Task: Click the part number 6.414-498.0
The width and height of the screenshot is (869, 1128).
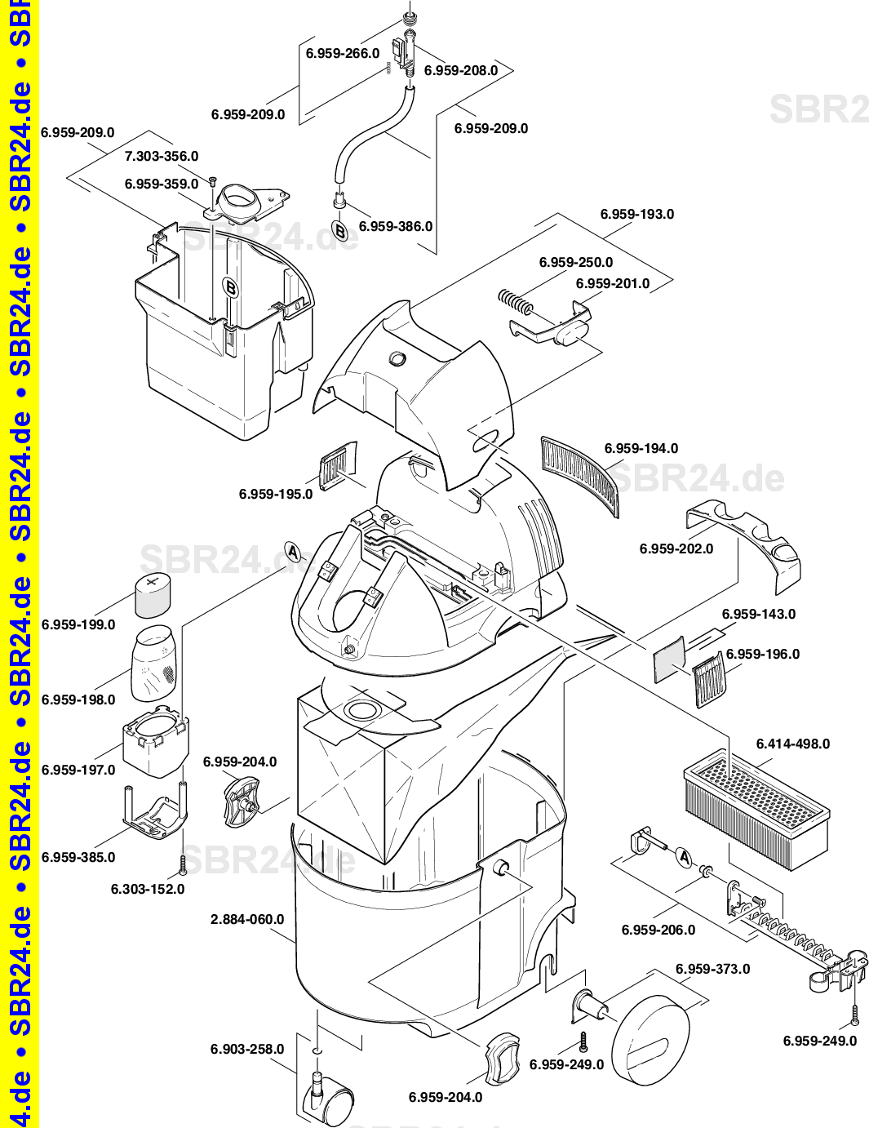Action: tap(793, 744)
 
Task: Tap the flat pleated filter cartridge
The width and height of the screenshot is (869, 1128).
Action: tap(757, 809)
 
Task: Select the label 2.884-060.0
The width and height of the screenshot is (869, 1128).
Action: tap(247, 919)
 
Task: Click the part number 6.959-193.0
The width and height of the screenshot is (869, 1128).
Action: tap(637, 214)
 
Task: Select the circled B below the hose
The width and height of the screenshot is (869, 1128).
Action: tap(339, 230)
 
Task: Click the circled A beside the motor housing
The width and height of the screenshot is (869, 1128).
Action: tap(293, 552)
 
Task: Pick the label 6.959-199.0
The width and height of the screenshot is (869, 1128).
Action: tap(78, 624)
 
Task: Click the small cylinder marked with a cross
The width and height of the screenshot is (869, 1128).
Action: tap(153, 595)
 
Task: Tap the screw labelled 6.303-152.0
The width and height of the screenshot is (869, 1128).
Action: tap(182, 864)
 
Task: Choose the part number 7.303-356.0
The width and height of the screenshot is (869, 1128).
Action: tap(162, 156)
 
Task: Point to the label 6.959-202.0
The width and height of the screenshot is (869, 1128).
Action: tap(676, 548)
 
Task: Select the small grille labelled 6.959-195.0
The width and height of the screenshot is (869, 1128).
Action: tap(339, 465)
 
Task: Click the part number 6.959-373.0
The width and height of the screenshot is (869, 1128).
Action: tap(713, 969)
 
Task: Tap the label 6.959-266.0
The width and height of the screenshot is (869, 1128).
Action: tap(343, 54)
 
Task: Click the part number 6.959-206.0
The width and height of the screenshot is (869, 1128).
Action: tap(658, 930)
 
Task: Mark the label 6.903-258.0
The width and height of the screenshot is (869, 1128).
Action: tap(247, 1049)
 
